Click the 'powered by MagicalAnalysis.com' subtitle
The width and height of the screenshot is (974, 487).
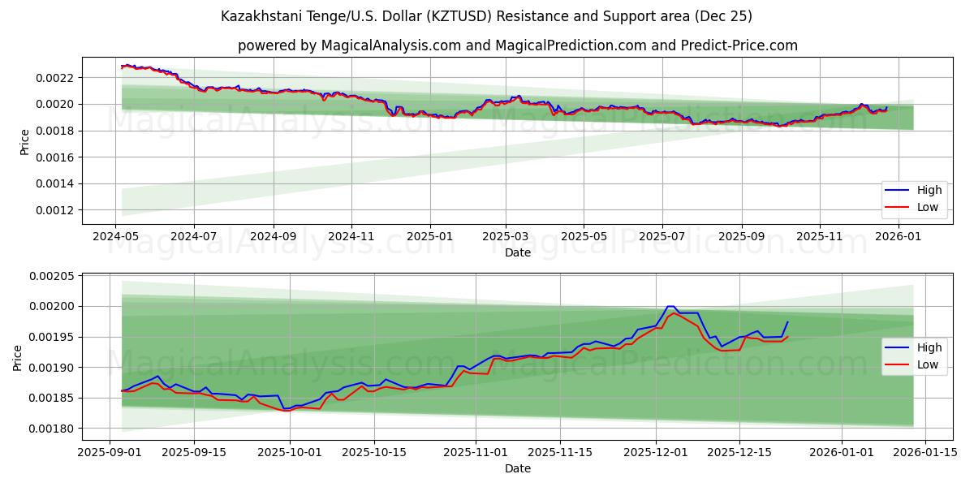pyautogui.click(x=518, y=45)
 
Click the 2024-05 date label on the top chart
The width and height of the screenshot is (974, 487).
pyautogui.click(x=115, y=236)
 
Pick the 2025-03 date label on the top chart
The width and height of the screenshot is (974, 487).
pyautogui.click(x=506, y=236)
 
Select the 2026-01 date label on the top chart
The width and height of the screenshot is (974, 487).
pyautogui.click(x=898, y=236)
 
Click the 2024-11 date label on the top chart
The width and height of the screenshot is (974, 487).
pyautogui.click(x=351, y=236)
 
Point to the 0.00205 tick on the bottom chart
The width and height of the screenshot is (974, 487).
pyautogui.click(x=53, y=276)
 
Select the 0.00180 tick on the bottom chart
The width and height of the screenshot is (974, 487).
pyautogui.click(x=53, y=429)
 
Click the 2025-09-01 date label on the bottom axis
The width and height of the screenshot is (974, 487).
pyautogui.click(x=110, y=452)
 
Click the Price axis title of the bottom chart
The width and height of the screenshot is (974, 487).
pyautogui.click(x=18, y=357)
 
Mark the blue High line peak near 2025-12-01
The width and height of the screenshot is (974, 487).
pyautogui.click(x=670, y=306)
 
